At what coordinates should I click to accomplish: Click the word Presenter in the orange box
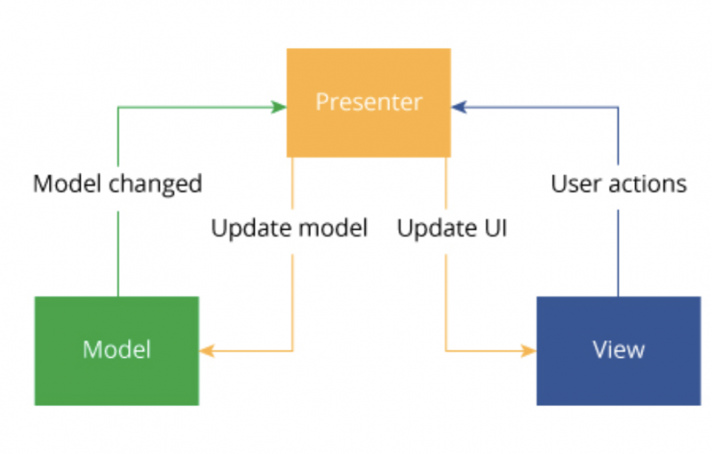coord(369,102)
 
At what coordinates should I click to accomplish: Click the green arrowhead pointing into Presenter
coord(280,107)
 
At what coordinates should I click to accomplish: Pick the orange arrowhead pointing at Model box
coord(206,351)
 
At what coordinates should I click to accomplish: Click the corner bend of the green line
coord(117,107)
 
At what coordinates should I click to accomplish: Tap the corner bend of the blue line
coord(618,107)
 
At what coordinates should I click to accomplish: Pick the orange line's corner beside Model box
coord(292,351)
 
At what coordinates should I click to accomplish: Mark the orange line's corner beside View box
coord(445,351)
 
